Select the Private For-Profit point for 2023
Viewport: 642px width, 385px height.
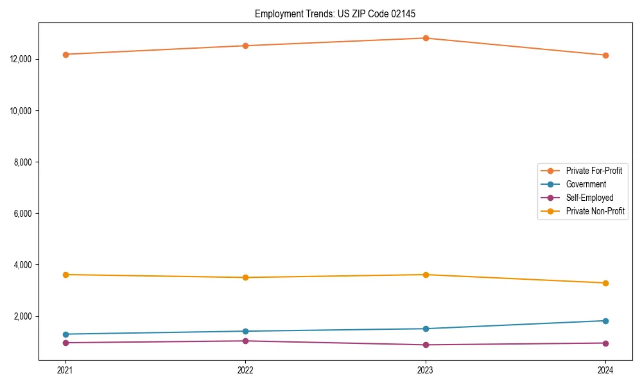(425, 38)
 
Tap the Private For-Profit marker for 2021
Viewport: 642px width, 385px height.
(65, 55)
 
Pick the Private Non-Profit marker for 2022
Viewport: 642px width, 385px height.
(245, 277)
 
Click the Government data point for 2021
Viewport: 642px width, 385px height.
(65, 334)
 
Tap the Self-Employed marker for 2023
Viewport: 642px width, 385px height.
(425, 345)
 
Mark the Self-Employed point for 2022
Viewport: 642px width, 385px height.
(245, 341)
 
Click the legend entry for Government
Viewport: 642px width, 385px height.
(586, 184)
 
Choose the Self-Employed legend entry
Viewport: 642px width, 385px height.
(589, 198)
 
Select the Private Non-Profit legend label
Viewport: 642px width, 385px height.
(595, 211)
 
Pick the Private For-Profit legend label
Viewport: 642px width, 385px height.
(594, 171)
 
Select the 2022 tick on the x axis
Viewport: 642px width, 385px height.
(245, 370)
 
